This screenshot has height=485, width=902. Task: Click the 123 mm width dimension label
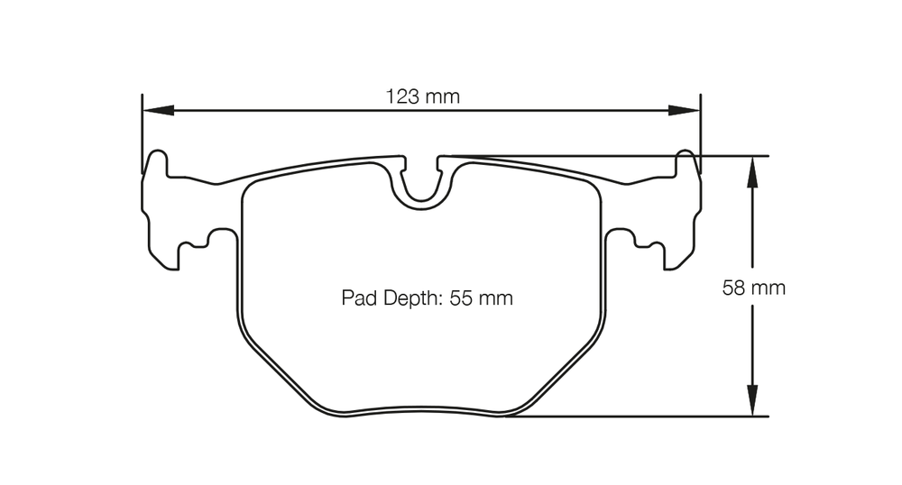click(422, 96)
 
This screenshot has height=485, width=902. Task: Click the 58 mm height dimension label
click(753, 288)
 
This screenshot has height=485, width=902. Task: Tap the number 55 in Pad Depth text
click(460, 298)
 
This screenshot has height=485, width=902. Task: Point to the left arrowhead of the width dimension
click(158, 110)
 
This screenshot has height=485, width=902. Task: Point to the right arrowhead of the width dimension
click(684, 110)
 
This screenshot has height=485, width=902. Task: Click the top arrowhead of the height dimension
click(752, 172)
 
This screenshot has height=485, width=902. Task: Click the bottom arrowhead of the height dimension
click(752, 399)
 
